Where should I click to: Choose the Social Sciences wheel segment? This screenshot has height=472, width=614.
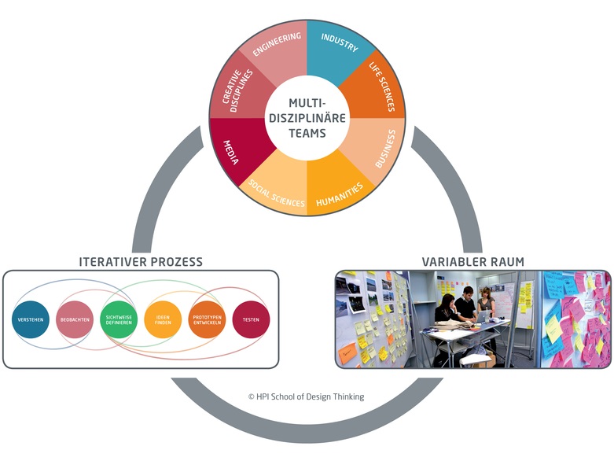[278, 192]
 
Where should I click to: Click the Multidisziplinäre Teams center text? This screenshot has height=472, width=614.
[307, 118]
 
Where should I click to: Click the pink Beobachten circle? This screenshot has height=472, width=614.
[76, 320]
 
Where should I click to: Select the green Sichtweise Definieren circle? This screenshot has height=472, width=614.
[119, 320]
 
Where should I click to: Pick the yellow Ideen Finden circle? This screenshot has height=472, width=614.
[163, 320]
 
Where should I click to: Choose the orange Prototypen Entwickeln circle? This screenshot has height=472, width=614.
[207, 320]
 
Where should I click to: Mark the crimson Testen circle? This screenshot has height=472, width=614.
[251, 320]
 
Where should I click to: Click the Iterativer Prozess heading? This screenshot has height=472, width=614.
[141, 261]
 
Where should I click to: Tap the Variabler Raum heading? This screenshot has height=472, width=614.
[472, 261]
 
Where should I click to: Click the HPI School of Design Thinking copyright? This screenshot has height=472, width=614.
[307, 397]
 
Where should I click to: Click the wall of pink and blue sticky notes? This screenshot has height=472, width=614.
[575, 319]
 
